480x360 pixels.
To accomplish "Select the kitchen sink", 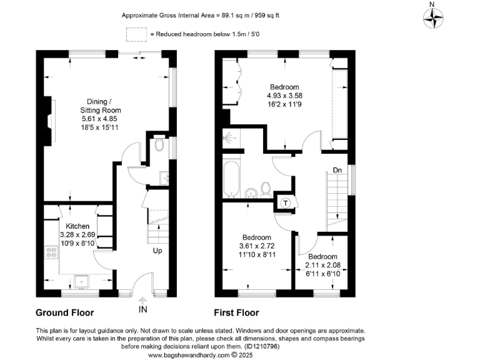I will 82,282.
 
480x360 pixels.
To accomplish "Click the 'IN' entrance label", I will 143,308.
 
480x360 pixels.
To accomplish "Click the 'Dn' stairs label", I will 337,169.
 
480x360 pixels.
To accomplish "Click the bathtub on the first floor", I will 230,177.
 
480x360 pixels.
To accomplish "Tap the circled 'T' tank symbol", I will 286,202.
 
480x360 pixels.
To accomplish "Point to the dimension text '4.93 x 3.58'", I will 284,96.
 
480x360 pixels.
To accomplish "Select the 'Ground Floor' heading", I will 65,312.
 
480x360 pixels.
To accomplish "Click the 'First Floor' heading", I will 236,312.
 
